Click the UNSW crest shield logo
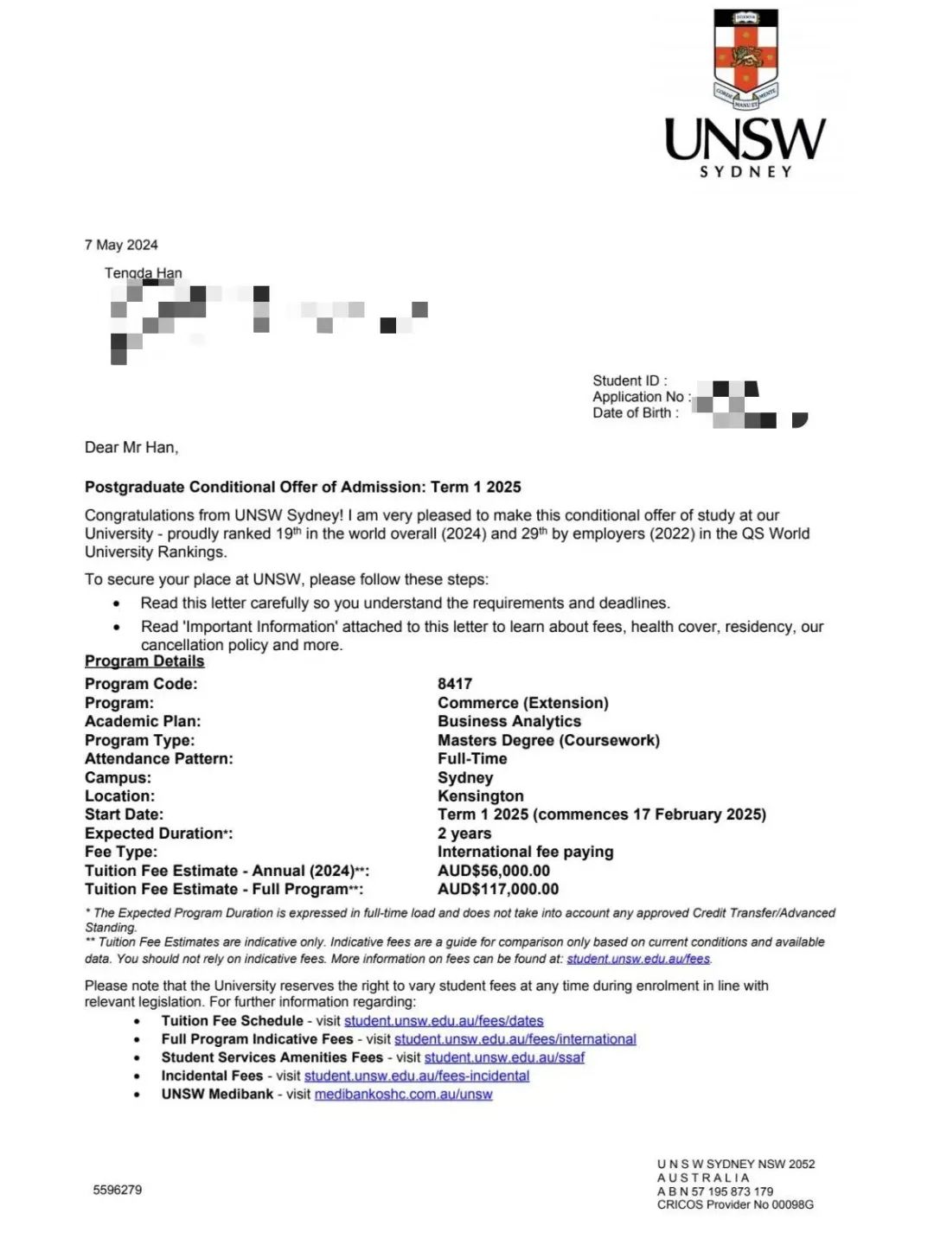point(745,58)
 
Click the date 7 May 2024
point(121,245)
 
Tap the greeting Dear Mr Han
point(131,447)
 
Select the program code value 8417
point(455,684)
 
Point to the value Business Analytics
point(509,721)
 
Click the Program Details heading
point(144,661)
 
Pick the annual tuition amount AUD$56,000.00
point(494,871)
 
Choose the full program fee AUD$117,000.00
point(498,889)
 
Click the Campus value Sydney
point(465,777)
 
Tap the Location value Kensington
point(481,795)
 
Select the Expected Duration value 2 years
point(464,833)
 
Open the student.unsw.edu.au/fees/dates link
point(444,1021)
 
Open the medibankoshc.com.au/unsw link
point(403,1095)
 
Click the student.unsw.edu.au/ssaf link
point(504,1057)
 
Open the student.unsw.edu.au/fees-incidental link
point(417,1076)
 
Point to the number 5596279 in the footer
point(118,1190)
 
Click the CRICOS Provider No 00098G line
point(735,1204)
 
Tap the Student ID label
point(629,380)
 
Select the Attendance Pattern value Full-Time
point(472,758)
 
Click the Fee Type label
point(121,852)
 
